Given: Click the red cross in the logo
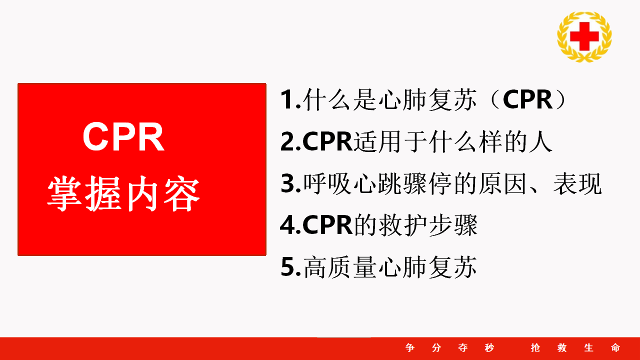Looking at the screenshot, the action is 584,36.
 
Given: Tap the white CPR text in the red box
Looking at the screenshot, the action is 123,136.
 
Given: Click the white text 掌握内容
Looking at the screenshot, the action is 123,193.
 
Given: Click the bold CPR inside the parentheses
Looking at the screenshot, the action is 527,99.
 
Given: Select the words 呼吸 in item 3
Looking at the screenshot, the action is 327,183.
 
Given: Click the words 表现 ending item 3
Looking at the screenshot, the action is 577,183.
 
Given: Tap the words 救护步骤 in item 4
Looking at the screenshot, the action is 428,225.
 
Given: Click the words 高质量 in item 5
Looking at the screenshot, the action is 340,267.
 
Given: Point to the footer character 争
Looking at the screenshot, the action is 410,347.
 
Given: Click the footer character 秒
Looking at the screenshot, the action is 489,347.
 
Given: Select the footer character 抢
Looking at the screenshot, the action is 535,347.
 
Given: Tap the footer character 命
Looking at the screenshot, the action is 615,347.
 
